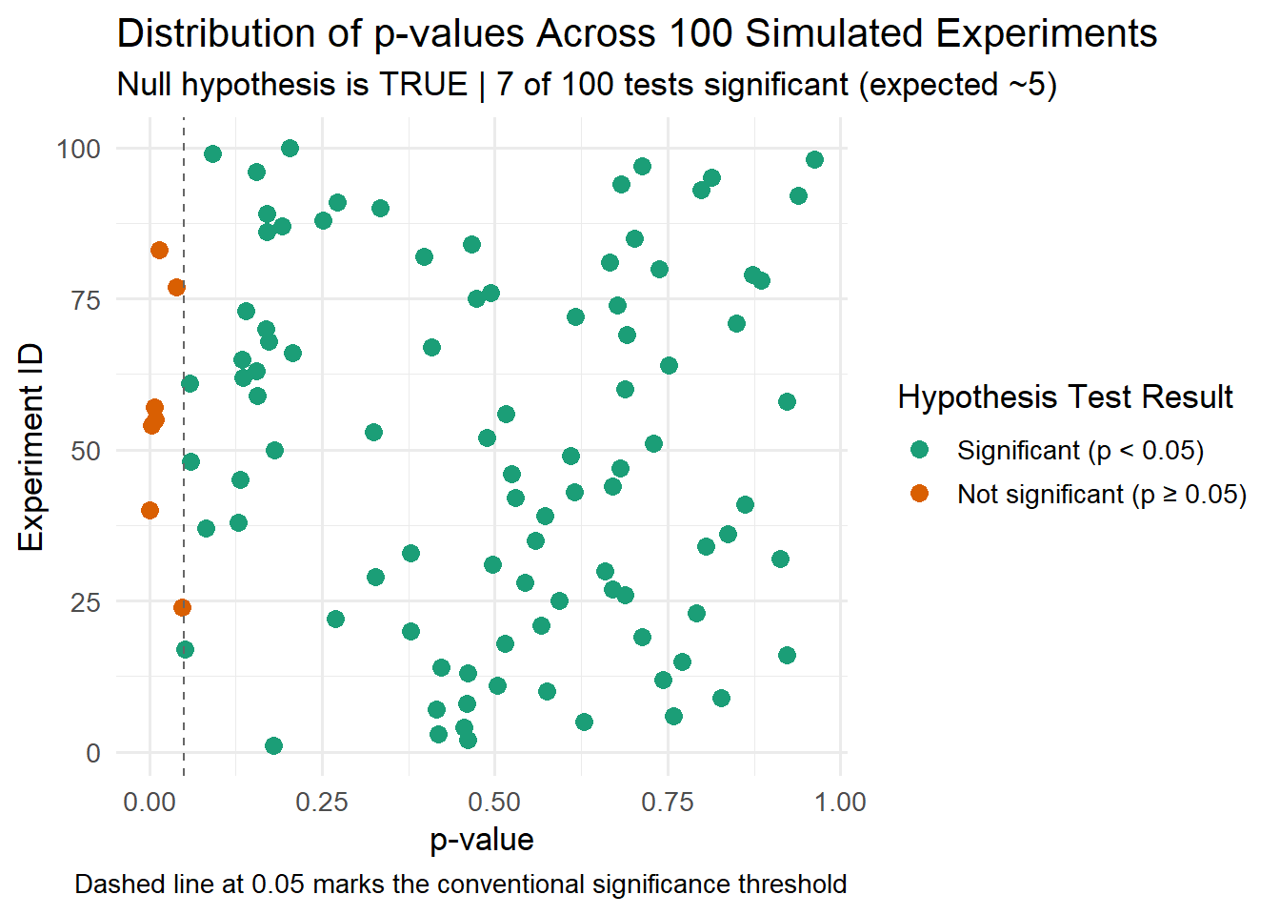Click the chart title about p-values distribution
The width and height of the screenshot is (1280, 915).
(636, 34)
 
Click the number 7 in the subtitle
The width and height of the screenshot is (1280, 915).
(505, 85)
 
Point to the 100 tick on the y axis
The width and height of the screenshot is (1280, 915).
(78, 149)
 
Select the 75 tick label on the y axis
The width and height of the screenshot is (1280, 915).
(86, 299)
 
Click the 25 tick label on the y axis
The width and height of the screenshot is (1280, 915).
(86, 602)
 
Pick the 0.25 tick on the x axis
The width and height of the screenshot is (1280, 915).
(322, 803)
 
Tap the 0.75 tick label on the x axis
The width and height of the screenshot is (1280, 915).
(668, 803)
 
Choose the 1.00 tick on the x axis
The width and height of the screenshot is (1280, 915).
(840, 803)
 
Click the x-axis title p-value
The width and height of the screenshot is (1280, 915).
(482, 840)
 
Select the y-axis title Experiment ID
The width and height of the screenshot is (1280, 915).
(31, 449)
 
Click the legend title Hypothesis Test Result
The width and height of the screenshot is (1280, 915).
(1065, 397)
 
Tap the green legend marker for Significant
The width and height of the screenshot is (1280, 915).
(919, 450)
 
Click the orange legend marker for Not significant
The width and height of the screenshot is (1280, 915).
(919, 494)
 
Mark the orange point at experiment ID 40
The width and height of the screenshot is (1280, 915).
(150, 511)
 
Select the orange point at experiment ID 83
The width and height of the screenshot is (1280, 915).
(159, 251)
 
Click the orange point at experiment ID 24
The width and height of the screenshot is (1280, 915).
(182, 608)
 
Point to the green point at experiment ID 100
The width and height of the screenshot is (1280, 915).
(290, 149)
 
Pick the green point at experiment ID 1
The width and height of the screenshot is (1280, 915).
(273, 746)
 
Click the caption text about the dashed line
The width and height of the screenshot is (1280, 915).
(460, 884)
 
